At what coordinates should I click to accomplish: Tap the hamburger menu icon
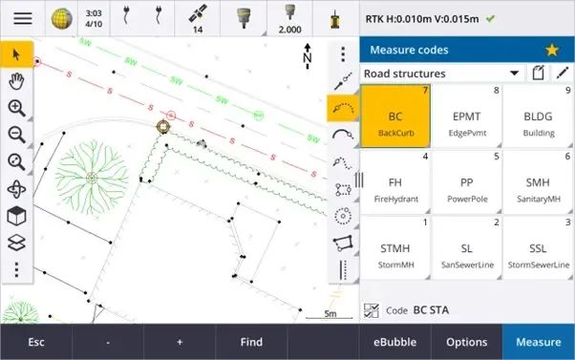21,18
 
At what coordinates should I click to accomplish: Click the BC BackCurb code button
395,116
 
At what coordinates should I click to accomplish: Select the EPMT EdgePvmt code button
467,116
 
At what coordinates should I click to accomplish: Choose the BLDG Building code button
539,116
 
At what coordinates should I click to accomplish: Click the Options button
467,342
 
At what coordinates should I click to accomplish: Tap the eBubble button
395,342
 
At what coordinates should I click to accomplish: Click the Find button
251,342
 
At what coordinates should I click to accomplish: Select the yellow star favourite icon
552,50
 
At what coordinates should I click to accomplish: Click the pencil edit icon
563,73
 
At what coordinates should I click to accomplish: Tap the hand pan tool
16,80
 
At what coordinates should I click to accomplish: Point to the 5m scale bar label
330,313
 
